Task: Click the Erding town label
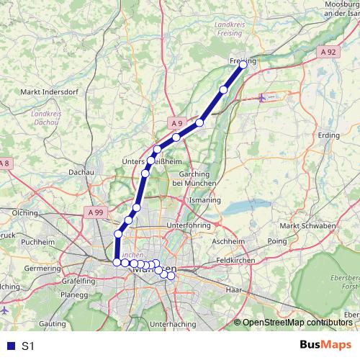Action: click(328, 135)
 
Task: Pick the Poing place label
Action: click(277, 241)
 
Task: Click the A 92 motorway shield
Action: click(328, 52)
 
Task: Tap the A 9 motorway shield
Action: click(177, 123)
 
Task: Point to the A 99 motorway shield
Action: click(95, 212)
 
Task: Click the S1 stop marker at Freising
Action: click(243, 64)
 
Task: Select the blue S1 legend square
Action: click(9, 346)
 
